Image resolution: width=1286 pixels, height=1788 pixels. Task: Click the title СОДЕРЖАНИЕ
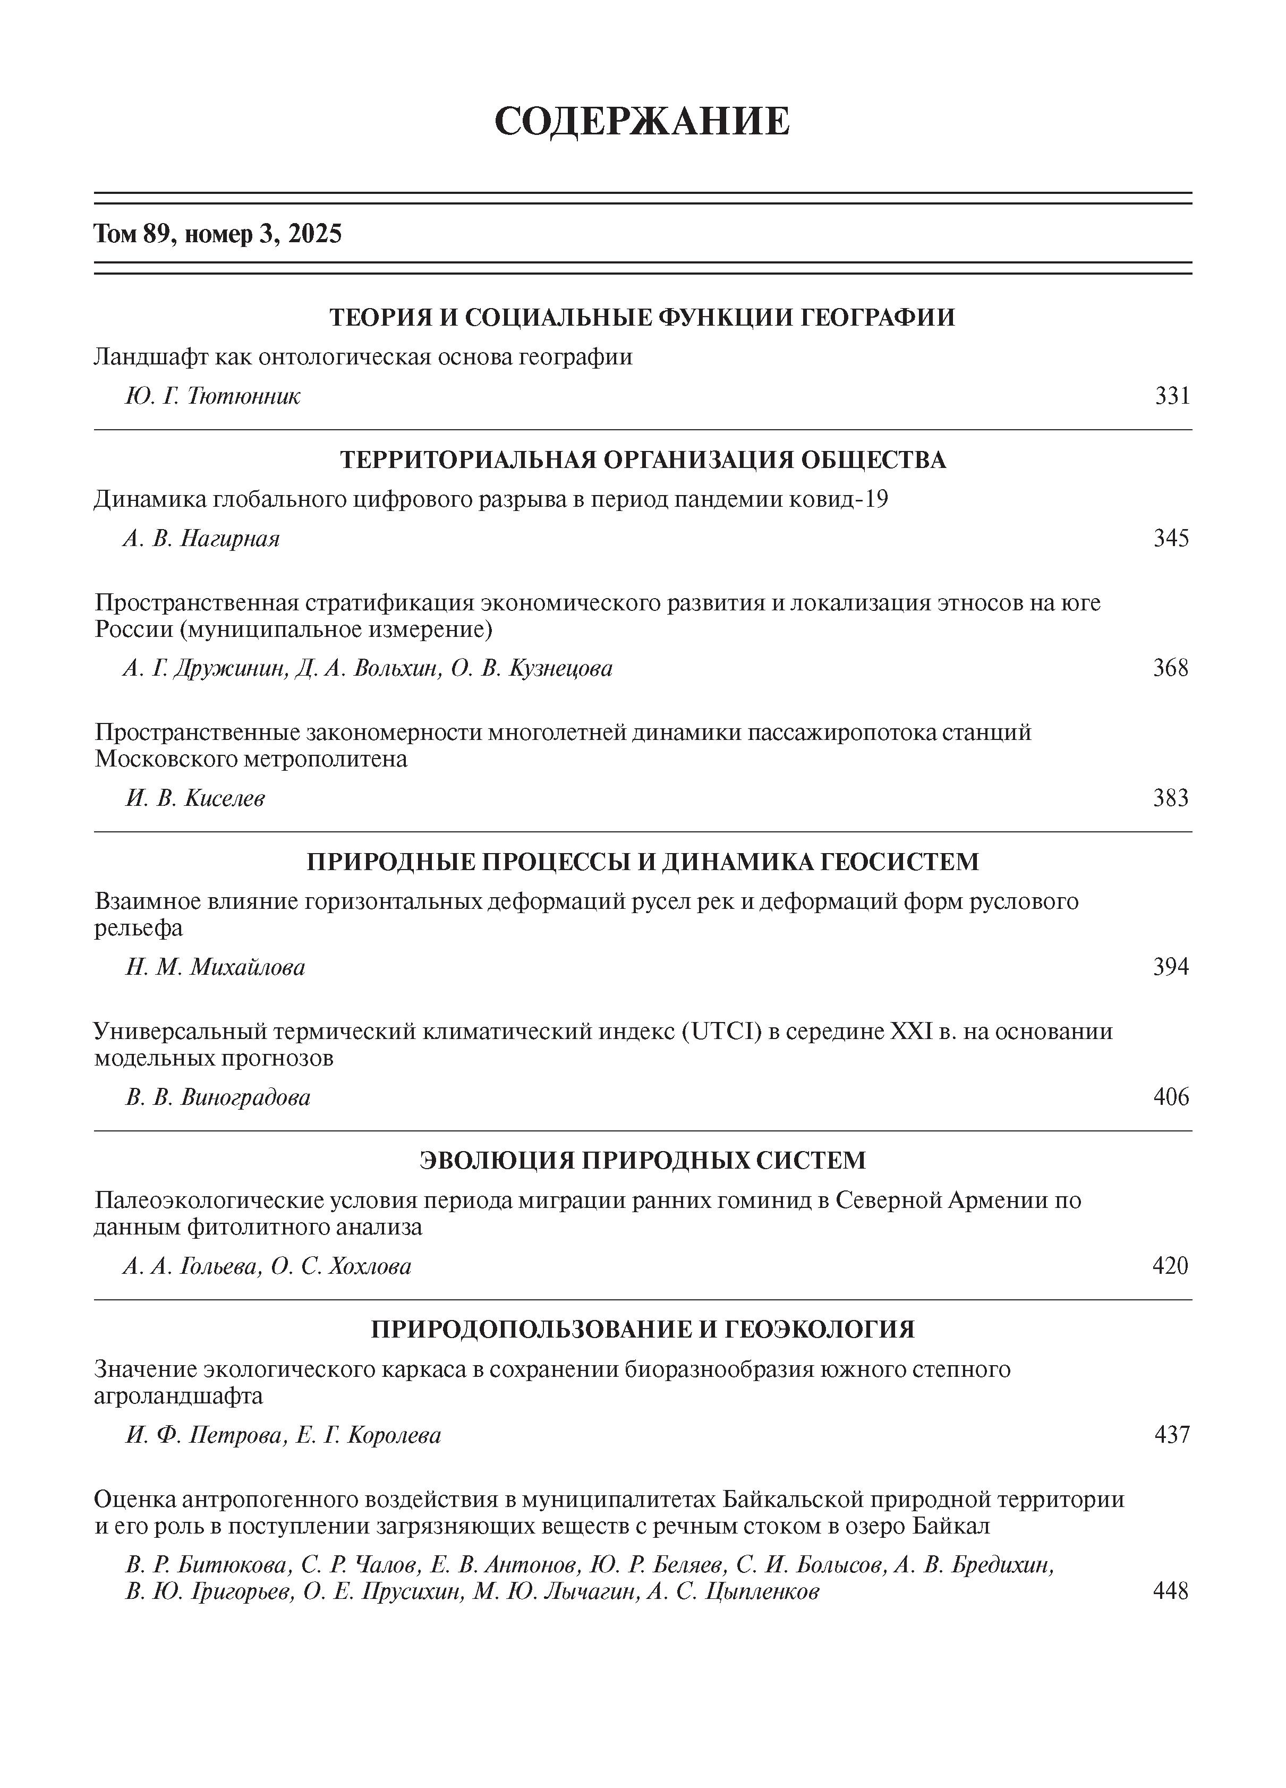[x=642, y=122]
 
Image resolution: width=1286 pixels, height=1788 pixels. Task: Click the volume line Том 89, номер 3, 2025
[x=218, y=234]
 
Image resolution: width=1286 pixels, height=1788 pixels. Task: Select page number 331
[x=1172, y=396]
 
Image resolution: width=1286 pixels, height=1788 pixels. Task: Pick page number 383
[x=1171, y=798]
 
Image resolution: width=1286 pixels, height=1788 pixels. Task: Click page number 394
[x=1171, y=967]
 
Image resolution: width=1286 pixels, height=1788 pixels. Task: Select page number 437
[x=1172, y=1435]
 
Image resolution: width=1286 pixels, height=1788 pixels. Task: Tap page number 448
[x=1170, y=1591]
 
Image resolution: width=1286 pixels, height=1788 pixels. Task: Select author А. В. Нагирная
[x=201, y=539]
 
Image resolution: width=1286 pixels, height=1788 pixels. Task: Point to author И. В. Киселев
[x=195, y=798]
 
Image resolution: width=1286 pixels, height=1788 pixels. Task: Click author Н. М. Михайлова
[x=215, y=967]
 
